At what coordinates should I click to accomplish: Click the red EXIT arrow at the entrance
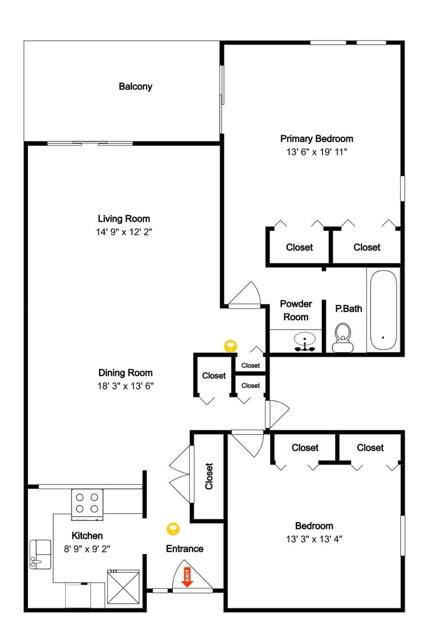(x=187, y=577)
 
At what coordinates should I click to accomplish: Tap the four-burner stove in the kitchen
(x=87, y=505)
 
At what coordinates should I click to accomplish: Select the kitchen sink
(x=40, y=554)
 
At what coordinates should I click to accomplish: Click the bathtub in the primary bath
(x=383, y=310)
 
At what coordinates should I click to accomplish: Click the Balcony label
(x=136, y=86)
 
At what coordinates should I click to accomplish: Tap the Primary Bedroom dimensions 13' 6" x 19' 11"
(x=317, y=152)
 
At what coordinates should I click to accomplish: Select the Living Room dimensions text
(x=124, y=232)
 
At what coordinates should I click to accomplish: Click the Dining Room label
(x=125, y=373)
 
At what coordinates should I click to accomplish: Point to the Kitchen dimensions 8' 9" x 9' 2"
(x=87, y=549)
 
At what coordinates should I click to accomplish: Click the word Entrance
(x=185, y=548)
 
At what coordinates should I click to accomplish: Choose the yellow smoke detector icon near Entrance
(x=173, y=529)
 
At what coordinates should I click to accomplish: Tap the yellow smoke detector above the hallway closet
(x=230, y=346)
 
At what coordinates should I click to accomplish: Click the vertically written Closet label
(x=209, y=476)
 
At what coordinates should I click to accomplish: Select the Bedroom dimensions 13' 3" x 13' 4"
(x=314, y=539)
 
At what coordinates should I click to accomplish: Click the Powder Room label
(x=296, y=310)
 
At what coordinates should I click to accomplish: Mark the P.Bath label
(x=349, y=309)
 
